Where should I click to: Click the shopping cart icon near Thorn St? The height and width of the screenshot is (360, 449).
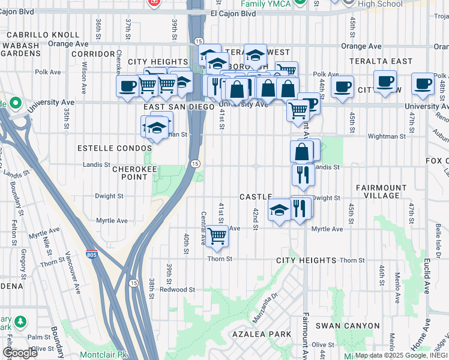tap(217, 235)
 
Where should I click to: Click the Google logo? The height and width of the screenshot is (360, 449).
tap(20, 353)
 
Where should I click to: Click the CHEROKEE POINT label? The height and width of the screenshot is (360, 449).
tap(130, 173)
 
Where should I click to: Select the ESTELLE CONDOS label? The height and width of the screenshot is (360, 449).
tap(114, 148)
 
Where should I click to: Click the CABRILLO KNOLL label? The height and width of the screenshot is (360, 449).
tap(43, 35)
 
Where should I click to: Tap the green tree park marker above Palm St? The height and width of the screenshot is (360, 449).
tap(20, 322)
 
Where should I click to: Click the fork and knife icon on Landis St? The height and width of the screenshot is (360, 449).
tap(303, 174)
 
